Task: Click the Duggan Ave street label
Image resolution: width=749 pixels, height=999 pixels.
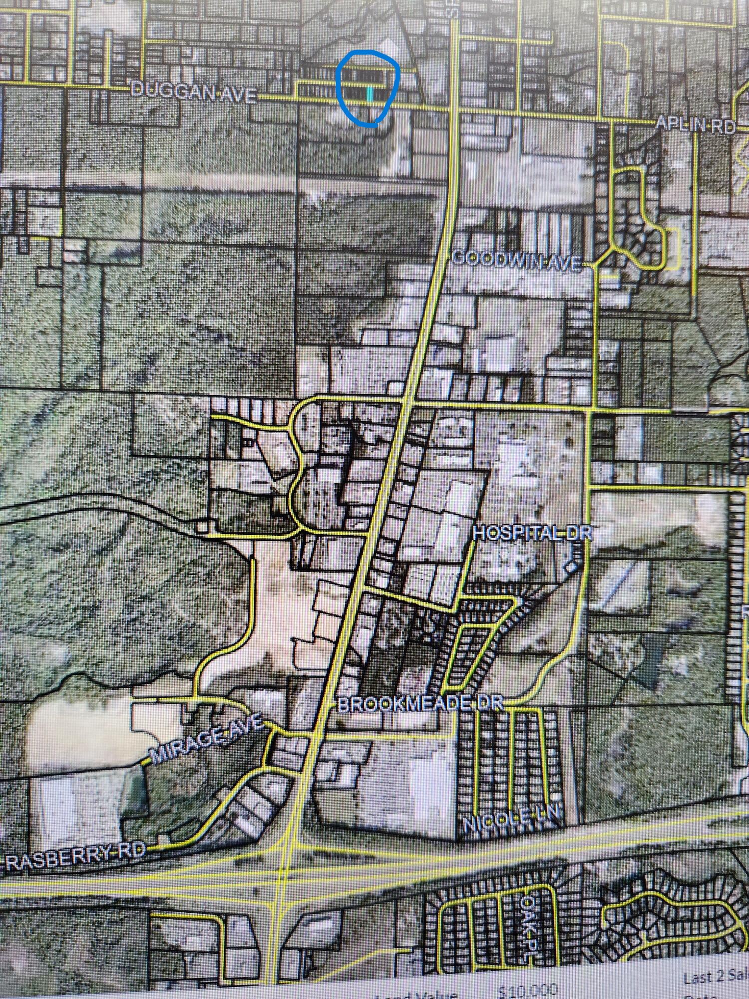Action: click(x=194, y=92)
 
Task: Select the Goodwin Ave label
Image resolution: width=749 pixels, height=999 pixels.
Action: click(x=517, y=260)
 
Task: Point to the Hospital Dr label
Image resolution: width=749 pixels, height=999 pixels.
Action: click(x=532, y=533)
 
